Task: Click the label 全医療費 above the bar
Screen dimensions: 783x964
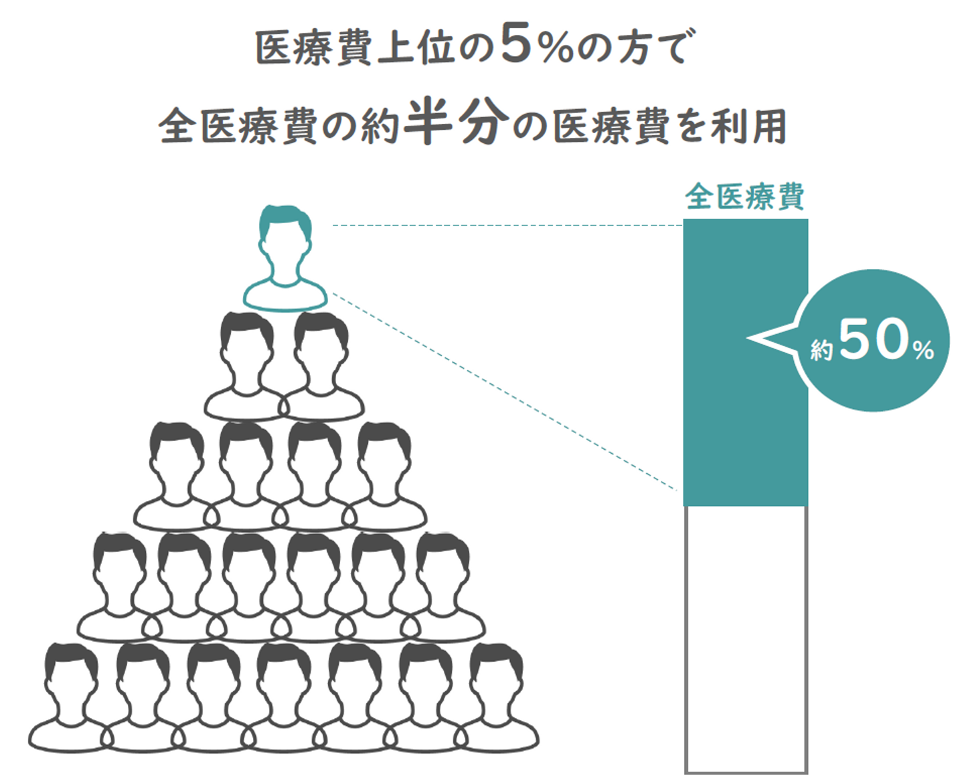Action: tap(744, 197)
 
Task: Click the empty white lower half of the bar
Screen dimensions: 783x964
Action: tap(746, 639)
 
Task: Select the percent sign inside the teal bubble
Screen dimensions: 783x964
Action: tap(924, 350)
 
